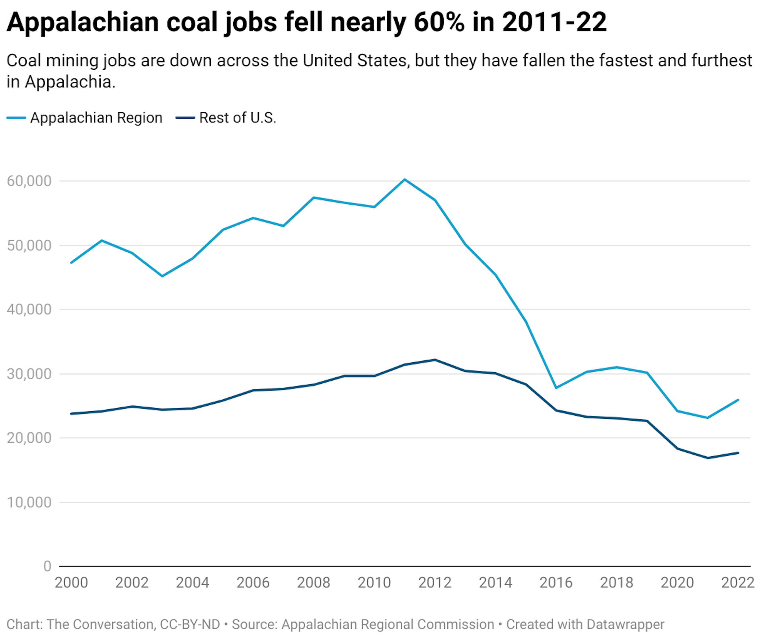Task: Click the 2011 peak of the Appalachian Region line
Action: pyautogui.click(x=405, y=180)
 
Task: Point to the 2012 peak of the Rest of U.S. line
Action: pyautogui.click(x=435, y=360)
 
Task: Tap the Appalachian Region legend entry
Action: pyautogui.click(x=85, y=118)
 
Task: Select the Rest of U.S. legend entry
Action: pyautogui.click(x=226, y=118)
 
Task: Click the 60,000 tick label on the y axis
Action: pyautogui.click(x=29, y=181)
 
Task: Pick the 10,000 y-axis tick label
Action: pyautogui.click(x=29, y=502)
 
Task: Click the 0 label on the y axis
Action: pyautogui.click(x=47, y=566)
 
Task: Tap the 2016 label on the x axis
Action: pyautogui.click(x=556, y=583)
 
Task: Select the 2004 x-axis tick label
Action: pyautogui.click(x=192, y=583)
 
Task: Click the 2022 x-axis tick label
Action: pyautogui.click(x=738, y=583)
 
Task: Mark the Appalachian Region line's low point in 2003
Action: pyautogui.click(x=162, y=276)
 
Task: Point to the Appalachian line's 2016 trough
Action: pyautogui.click(x=556, y=388)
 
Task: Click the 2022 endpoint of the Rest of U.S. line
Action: pyautogui.click(x=738, y=453)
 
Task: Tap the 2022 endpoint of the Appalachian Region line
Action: pyautogui.click(x=738, y=400)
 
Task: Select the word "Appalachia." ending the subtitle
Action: pyautogui.click(x=70, y=82)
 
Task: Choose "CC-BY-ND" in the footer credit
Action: pyautogui.click(x=190, y=624)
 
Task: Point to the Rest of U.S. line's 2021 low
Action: pyautogui.click(x=708, y=458)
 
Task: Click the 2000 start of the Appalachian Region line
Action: pyautogui.click(x=71, y=263)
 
